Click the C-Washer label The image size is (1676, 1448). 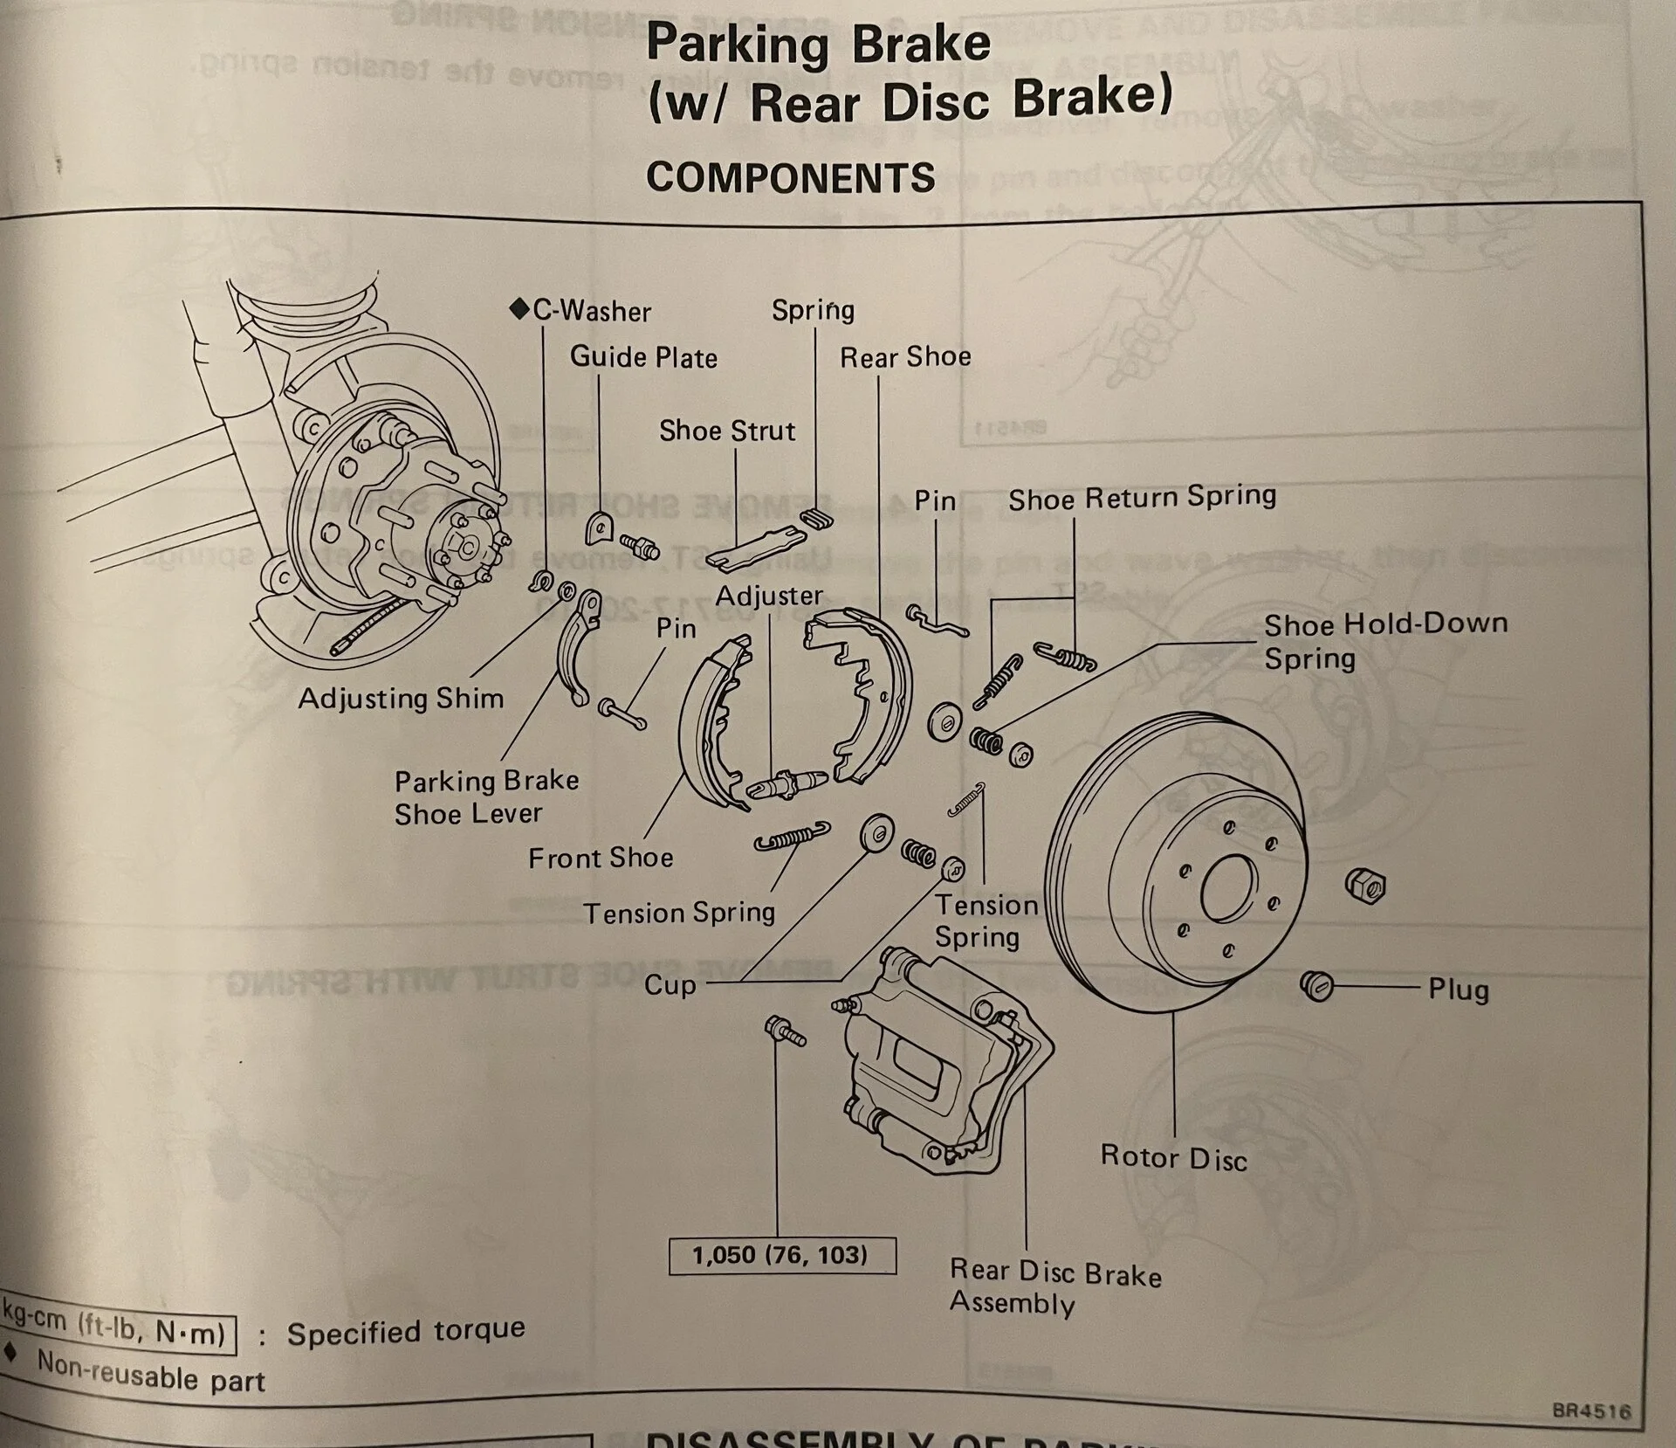click(591, 311)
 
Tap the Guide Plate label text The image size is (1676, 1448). click(643, 357)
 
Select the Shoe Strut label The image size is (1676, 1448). click(726, 431)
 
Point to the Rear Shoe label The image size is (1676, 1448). click(905, 356)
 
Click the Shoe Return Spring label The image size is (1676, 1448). click(1142, 498)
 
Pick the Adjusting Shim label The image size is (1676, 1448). click(401, 699)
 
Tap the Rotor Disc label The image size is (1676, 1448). click(1173, 1157)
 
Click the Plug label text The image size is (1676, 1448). click(1458, 989)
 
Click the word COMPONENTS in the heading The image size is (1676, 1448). click(790, 178)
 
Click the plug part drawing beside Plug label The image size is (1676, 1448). click(1316, 984)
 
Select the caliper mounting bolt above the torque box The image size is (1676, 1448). click(785, 1031)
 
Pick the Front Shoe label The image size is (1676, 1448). click(601, 858)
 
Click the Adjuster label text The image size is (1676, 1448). click(769, 596)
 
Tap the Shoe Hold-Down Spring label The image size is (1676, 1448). click(1385, 640)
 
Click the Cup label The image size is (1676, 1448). click(670, 985)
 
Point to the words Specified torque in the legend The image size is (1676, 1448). click(406, 1333)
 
